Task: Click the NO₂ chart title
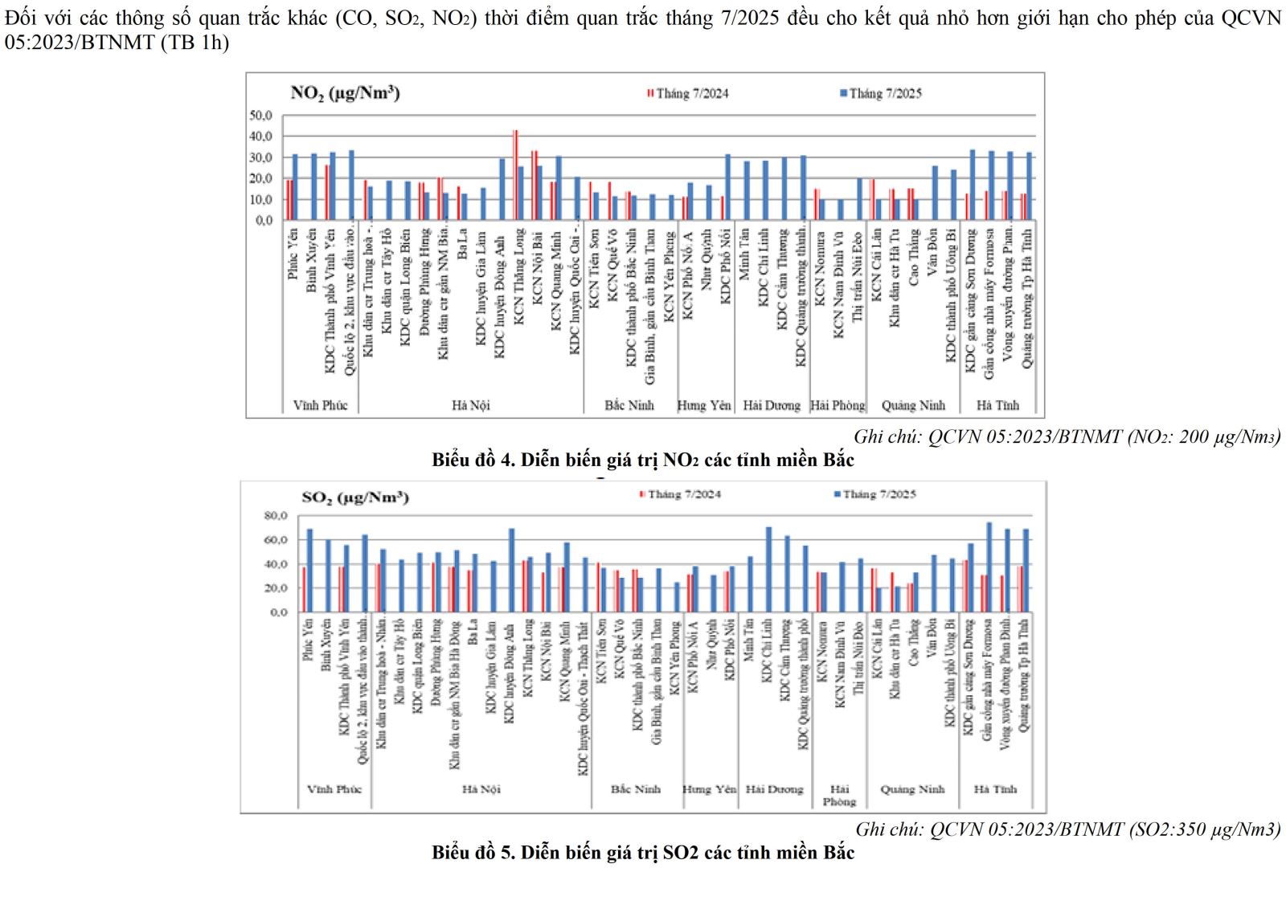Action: pos(345,93)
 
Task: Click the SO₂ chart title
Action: pos(354,497)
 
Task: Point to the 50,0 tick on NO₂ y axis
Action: pos(260,116)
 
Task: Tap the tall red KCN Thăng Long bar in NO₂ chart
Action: pos(515,174)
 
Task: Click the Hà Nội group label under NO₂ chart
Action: pos(470,405)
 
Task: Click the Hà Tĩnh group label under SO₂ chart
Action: pos(995,789)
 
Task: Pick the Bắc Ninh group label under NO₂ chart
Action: pos(629,405)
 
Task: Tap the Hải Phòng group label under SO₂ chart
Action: pos(839,795)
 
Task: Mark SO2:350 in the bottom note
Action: pos(1167,829)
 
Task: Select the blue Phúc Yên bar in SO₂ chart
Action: pos(309,571)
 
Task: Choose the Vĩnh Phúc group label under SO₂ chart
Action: pos(334,789)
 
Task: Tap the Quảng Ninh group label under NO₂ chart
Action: pos(913,405)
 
